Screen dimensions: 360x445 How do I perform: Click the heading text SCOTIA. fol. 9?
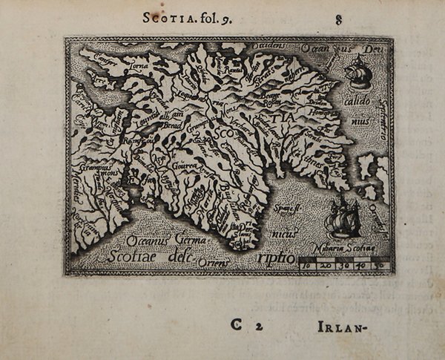[x=187, y=18]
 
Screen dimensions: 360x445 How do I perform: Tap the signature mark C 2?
[x=245, y=325]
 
